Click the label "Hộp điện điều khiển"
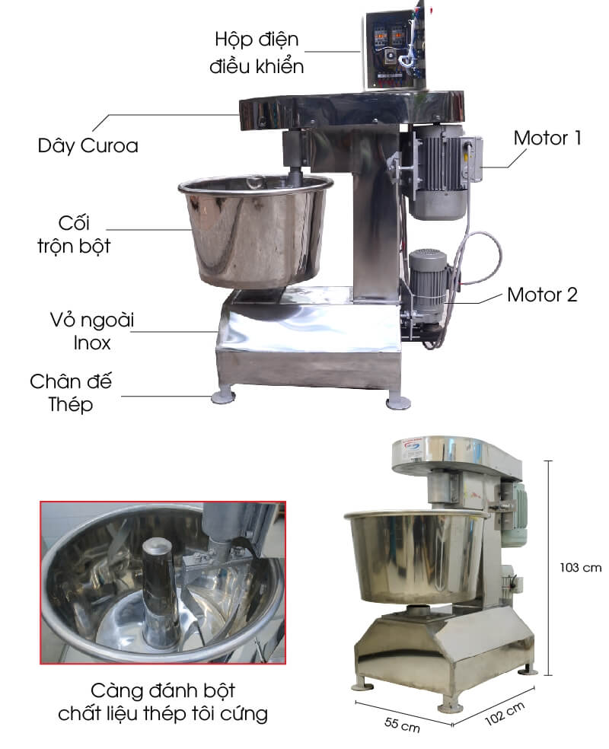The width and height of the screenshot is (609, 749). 257,53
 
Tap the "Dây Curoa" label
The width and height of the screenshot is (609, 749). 88,146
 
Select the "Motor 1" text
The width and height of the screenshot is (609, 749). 547,139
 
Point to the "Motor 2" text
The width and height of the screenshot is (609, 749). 542,295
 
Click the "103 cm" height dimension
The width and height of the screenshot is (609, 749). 580,568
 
